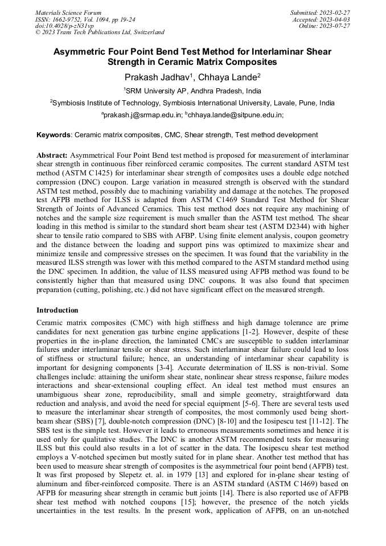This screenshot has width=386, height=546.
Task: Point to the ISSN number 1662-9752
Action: (71, 19)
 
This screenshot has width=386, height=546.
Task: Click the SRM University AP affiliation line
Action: (192, 91)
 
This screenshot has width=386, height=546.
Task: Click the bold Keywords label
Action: (54, 135)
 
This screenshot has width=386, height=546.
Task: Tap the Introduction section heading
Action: (58, 310)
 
